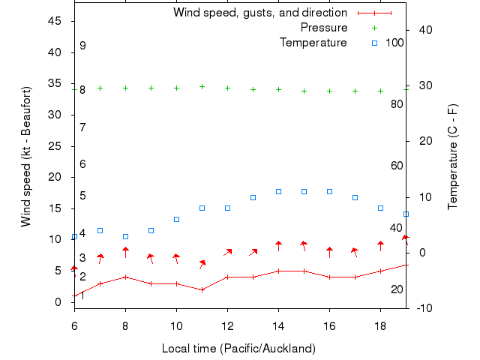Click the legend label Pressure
[x=324, y=28]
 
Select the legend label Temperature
[x=313, y=43]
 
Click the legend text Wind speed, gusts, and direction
[x=259, y=13]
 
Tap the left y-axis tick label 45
[x=55, y=21]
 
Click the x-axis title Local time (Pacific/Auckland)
[x=238, y=349]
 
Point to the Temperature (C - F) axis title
[x=453, y=157]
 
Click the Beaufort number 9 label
[x=82, y=46]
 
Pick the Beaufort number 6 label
[x=82, y=164]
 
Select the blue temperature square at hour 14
[x=278, y=192]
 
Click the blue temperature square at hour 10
[x=176, y=219]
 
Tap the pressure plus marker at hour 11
[x=202, y=87]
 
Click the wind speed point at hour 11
[x=202, y=289]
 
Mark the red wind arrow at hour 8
[x=125, y=252]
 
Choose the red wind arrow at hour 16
[x=329, y=253]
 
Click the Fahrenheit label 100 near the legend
[x=394, y=43]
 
